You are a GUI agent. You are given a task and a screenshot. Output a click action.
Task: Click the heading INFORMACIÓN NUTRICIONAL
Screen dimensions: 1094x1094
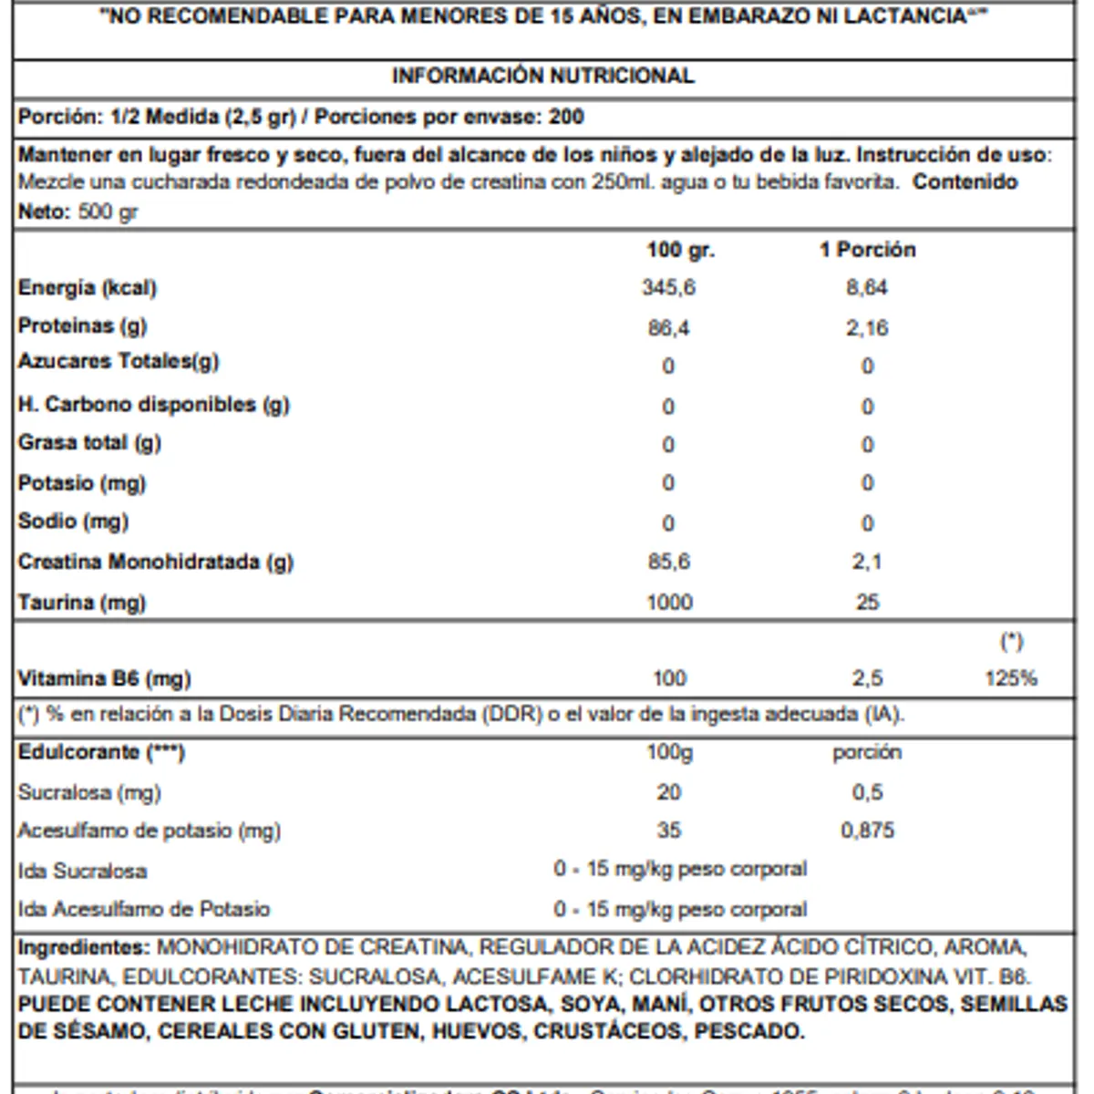pyautogui.click(x=542, y=76)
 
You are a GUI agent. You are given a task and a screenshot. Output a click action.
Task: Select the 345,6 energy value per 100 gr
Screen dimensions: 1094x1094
pyautogui.click(x=668, y=288)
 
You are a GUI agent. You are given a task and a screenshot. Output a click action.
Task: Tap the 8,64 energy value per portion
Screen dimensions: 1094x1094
pyautogui.click(x=866, y=288)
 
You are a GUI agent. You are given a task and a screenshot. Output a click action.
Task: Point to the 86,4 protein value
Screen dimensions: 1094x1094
pyautogui.click(x=668, y=328)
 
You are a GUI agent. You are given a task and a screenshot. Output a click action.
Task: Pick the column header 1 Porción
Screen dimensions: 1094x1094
pyautogui.click(x=867, y=250)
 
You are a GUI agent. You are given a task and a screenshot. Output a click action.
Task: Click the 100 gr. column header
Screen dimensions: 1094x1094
pyautogui.click(x=680, y=250)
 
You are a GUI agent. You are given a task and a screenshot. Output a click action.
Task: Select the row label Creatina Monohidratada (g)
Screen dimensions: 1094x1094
pyautogui.click(x=155, y=562)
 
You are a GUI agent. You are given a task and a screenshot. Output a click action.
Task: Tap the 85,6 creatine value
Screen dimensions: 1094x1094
pyautogui.click(x=668, y=562)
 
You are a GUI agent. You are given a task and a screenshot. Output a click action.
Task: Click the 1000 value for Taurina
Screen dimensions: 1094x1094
pyautogui.click(x=669, y=603)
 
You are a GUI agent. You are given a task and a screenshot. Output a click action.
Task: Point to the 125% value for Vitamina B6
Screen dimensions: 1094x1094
pyautogui.click(x=1011, y=678)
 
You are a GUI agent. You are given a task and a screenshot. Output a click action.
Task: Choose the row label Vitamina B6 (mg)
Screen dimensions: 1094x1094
pyautogui.click(x=104, y=678)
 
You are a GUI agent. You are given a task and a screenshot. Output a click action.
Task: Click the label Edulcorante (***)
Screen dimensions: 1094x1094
pyautogui.click(x=101, y=753)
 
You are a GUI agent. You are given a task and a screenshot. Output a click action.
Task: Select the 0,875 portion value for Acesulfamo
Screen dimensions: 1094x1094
pyautogui.click(x=867, y=831)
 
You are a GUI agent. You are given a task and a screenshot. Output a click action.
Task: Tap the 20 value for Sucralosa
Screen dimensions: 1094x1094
pyautogui.click(x=668, y=792)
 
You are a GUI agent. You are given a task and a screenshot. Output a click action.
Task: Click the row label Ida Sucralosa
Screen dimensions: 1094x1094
pyautogui.click(x=82, y=871)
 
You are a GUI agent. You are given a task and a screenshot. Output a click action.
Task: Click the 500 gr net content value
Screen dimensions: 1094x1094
pyautogui.click(x=108, y=212)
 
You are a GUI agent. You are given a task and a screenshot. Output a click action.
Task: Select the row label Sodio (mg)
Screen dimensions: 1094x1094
pyautogui.click(x=73, y=521)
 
